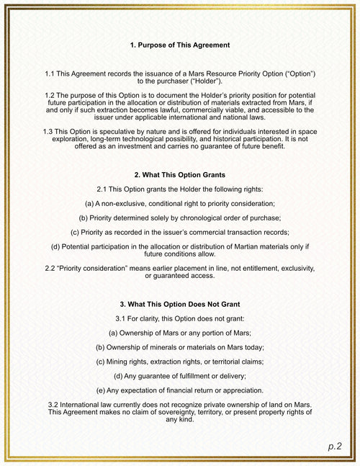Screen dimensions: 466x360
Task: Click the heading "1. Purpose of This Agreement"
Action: pos(180,45)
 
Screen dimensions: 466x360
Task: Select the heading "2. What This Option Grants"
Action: pos(180,175)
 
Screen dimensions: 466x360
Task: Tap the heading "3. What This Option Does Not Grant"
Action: pos(180,304)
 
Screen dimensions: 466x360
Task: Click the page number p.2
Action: pos(335,447)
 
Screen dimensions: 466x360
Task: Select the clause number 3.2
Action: pos(54,405)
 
